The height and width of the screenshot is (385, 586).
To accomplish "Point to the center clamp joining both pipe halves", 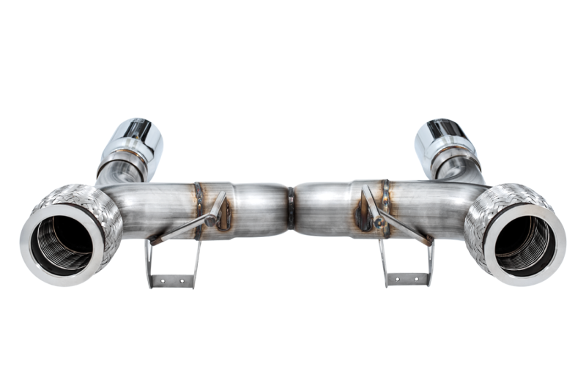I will click(291, 207).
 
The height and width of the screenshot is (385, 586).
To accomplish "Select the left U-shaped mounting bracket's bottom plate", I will click(173, 280).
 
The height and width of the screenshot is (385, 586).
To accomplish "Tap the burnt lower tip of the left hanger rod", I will click(155, 239).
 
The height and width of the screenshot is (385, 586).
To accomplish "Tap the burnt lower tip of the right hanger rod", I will click(428, 239).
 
